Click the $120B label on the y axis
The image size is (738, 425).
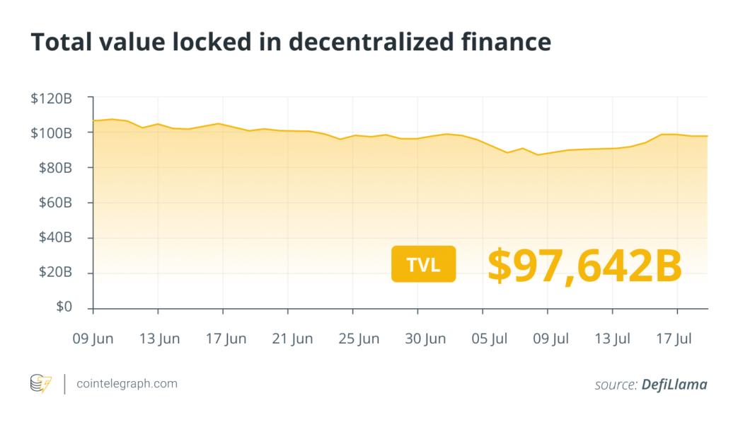coord(51,98)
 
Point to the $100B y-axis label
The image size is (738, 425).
coord(51,133)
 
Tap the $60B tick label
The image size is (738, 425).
coord(54,203)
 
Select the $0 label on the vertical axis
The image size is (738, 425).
coord(64,307)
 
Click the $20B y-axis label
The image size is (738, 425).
coord(54,273)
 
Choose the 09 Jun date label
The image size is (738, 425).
coord(93,339)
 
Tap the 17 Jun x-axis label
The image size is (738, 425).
coord(226,339)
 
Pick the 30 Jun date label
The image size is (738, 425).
coord(425,339)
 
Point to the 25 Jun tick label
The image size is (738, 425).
coord(358,339)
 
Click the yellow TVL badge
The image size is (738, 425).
coord(423,264)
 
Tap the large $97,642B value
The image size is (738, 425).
coord(584,264)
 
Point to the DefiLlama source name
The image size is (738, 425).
coord(674,385)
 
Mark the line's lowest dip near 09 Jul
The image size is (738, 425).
coord(538,154)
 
